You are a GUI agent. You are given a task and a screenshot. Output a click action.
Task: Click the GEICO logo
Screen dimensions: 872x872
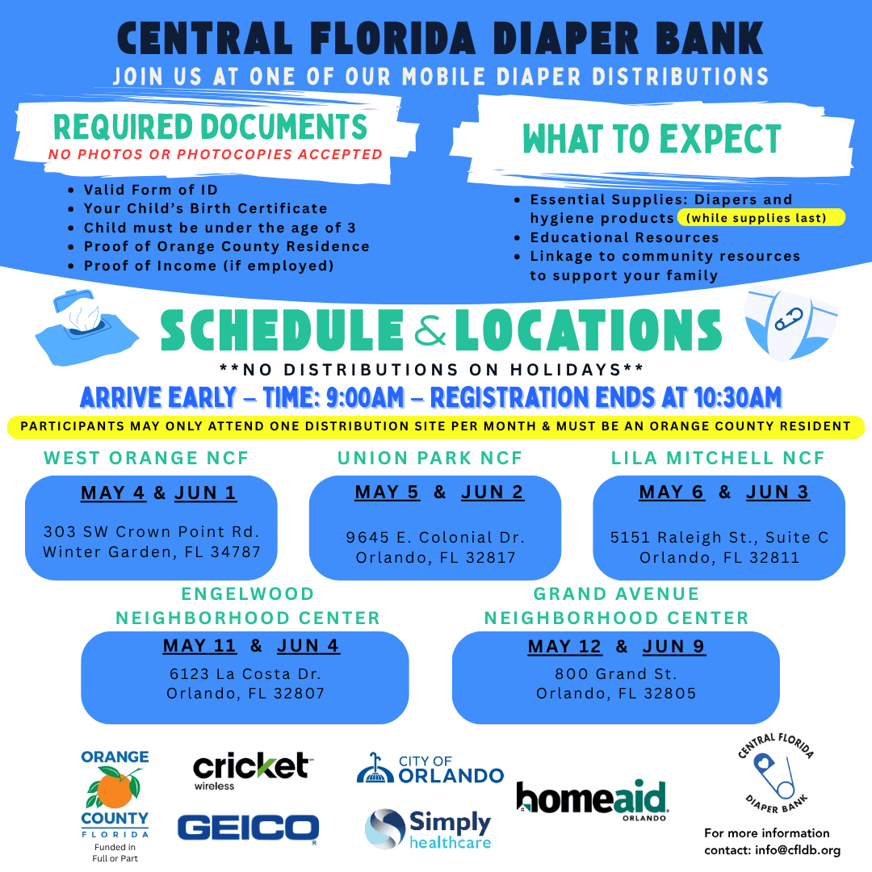click(x=249, y=828)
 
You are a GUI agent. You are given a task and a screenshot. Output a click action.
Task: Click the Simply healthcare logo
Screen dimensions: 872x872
click(x=428, y=829)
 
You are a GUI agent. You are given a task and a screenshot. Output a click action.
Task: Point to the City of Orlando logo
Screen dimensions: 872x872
click(x=430, y=769)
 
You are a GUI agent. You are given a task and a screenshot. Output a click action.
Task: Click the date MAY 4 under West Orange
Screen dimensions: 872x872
click(x=113, y=493)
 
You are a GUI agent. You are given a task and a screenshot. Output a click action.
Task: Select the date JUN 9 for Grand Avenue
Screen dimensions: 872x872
click(x=674, y=647)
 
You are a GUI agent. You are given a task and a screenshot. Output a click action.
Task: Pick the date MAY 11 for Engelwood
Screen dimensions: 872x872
click(x=199, y=646)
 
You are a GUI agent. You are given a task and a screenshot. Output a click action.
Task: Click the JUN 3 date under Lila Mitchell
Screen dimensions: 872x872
click(x=777, y=493)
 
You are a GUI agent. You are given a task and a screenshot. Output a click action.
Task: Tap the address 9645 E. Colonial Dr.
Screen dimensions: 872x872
click(x=435, y=537)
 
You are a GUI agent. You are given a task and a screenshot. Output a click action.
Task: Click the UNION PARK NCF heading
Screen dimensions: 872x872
click(x=430, y=459)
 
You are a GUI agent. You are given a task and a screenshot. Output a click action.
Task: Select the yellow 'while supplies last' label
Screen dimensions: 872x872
click(x=761, y=218)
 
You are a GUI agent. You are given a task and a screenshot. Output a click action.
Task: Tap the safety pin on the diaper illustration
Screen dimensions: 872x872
click(x=786, y=321)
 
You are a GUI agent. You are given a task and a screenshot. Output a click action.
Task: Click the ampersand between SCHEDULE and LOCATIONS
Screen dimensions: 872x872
click(x=429, y=331)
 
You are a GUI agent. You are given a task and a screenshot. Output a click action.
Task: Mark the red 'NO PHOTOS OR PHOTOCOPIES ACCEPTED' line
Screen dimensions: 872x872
click(x=215, y=154)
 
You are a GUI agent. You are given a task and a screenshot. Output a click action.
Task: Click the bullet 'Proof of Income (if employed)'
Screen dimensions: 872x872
click(x=208, y=266)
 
